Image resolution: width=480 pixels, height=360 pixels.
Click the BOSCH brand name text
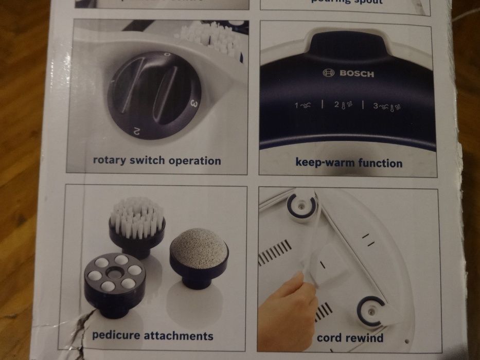click(x=357, y=74)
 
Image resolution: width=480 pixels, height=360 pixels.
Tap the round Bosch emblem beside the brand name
click(x=328, y=73)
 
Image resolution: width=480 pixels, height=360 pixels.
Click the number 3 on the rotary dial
click(x=194, y=103)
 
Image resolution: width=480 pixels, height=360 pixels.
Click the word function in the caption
click(x=379, y=164)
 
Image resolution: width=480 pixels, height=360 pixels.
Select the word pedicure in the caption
click(x=116, y=336)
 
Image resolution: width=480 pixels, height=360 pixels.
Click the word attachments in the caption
click(x=179, y=336)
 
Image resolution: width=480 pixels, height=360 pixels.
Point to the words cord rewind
click(x=350, y=338)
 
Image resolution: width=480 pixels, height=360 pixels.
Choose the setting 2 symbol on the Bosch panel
click(x=343, y=105)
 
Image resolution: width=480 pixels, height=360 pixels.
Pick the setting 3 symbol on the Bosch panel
click(x=387, y=105)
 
